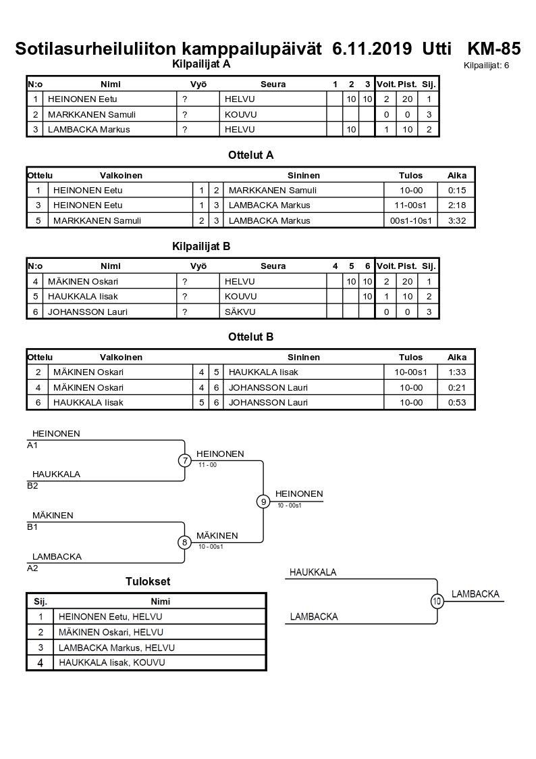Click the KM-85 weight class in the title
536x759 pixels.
click(x=493, y=49)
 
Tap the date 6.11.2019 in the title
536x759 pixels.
click(x=373, y=49)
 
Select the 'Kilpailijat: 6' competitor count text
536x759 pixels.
click(x=486, y=66)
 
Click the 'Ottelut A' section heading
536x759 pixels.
click(x=250, y=155)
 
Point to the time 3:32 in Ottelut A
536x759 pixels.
click(x=457, y=220)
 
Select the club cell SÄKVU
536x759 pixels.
click(x=240, y=312)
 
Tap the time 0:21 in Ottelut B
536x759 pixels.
click(x=457, y=387)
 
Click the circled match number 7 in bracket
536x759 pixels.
click(x=185, y=460)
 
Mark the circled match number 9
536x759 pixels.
click(x=263, y=501)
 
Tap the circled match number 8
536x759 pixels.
click(x=185, y=542)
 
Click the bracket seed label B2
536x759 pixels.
click(x=32, y=485)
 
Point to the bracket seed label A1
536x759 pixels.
click(x=32, y=445)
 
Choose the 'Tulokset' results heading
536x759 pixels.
click(x=148, y=581)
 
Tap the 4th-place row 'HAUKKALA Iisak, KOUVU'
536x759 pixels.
click(x=111, y=662)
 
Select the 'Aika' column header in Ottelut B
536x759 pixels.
click(x=457, y=357)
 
